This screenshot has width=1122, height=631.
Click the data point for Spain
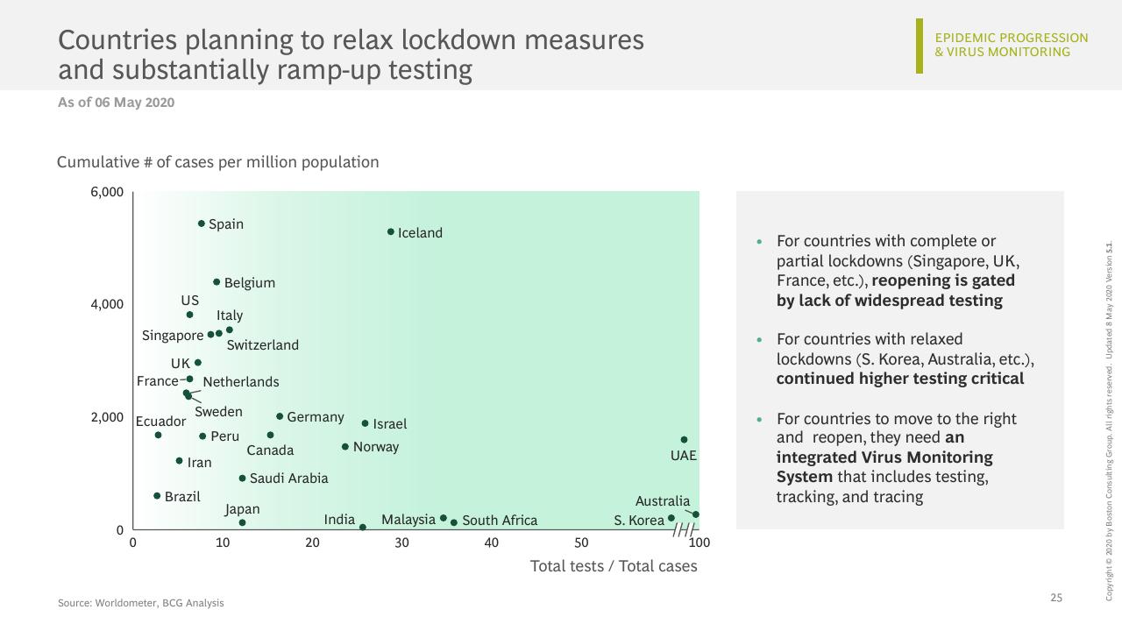pos(202,223)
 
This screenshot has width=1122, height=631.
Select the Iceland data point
pos(391,231)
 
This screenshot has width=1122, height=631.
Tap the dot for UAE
pos(684,440)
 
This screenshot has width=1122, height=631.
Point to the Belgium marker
pos(217,282)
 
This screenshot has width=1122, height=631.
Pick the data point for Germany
pos(280,416)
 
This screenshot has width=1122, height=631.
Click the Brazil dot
pos(157,496)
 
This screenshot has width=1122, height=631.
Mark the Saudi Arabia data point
pos(243,479)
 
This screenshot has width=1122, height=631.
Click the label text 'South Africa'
pos(500,521)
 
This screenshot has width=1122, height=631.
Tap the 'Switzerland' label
pos(262,345)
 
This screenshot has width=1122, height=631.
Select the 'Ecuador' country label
pos(160,422)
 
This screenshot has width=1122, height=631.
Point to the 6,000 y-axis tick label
pos(107,192)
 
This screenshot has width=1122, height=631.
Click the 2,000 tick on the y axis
pos(107,417)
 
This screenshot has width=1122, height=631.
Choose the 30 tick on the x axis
pos(401,542)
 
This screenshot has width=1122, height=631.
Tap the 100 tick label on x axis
pos(699,542)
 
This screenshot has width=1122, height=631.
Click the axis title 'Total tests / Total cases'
pos(614,566)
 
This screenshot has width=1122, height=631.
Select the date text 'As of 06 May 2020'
pos(117,103)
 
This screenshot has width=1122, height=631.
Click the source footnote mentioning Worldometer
pos(141,603)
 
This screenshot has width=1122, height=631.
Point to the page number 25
pos(1056,598)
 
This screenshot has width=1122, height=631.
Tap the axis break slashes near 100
pos(684,529)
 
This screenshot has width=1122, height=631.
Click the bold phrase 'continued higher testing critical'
pos(900,379)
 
